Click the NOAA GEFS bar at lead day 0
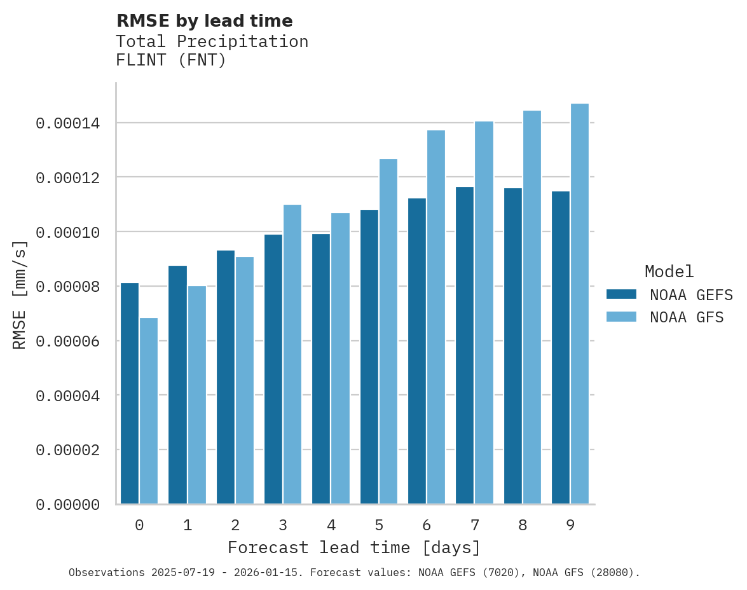130,394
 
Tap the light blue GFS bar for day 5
388,331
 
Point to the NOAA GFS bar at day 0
149,411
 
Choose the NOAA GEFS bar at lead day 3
273,369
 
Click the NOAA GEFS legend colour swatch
621,294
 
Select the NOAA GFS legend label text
687,317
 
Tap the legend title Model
669,271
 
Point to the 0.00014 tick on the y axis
76,123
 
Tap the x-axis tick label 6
427,525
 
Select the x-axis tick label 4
331,525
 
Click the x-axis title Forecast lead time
354,547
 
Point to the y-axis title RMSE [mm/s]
20,295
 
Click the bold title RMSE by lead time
204,21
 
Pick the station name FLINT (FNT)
171,61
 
